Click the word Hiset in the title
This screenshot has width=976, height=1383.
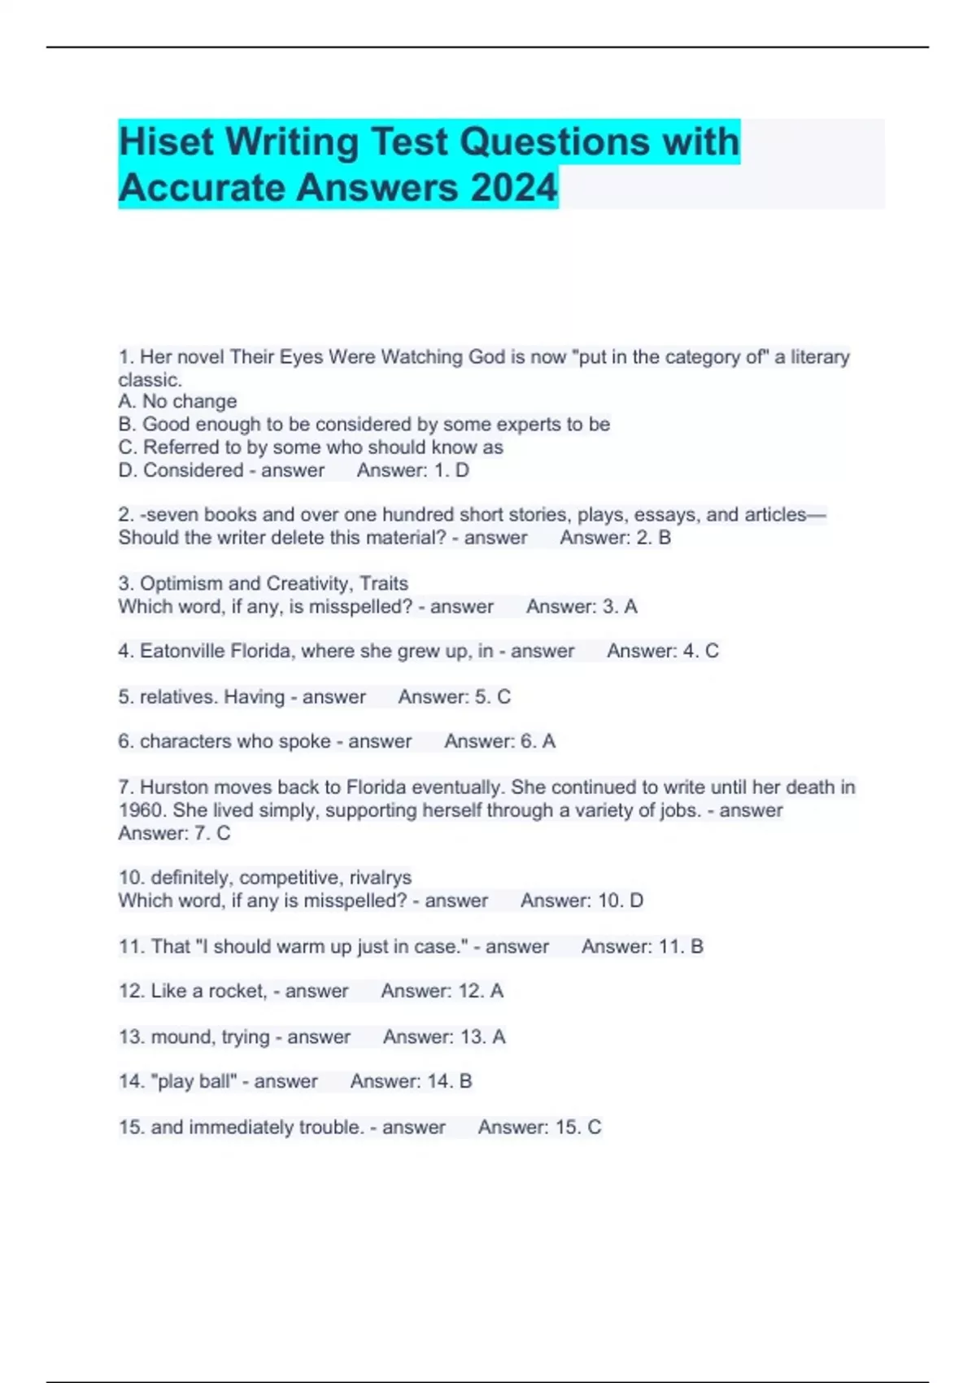167,142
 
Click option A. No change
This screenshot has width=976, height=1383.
177,402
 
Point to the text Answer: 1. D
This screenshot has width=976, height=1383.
413,470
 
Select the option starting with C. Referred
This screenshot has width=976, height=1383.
311,447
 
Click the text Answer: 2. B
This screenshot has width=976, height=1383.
615,538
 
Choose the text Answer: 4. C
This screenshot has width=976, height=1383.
663,651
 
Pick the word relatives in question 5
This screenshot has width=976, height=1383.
178,697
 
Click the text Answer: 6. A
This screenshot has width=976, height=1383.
499,742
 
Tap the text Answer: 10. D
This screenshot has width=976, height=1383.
582,901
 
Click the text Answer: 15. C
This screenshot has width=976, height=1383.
539,1128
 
